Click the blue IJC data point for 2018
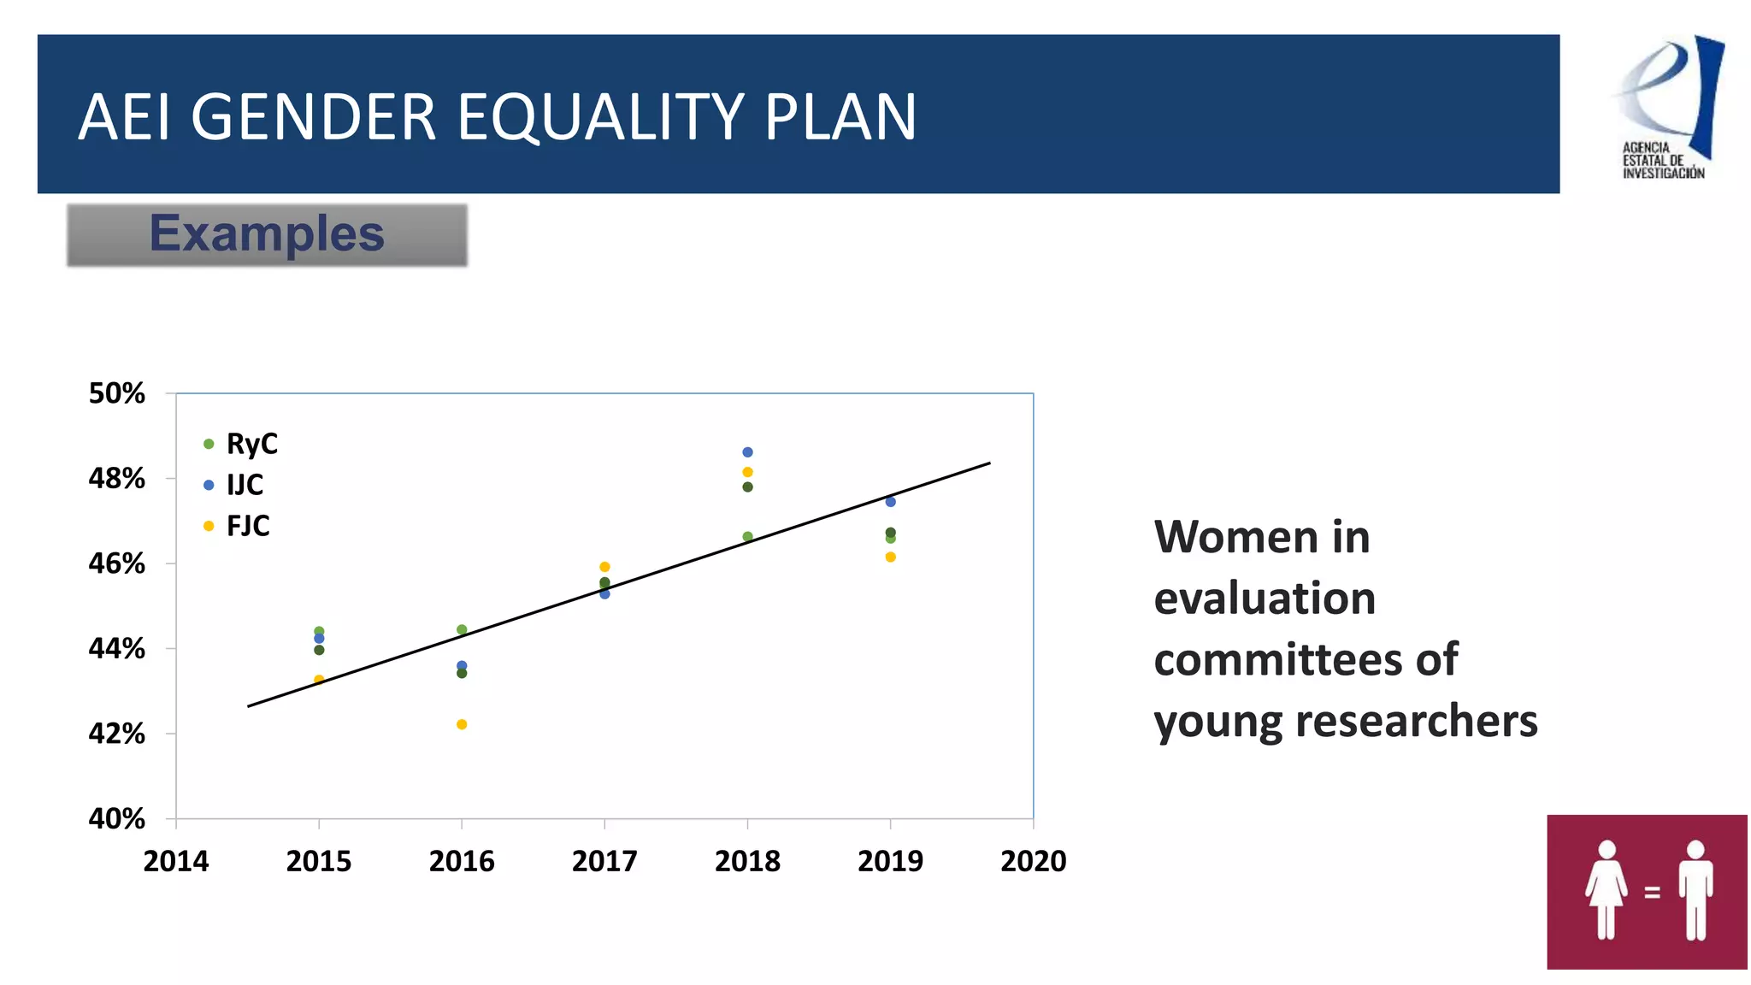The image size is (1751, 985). coord(747,452)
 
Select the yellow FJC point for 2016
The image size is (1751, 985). coord(462,724)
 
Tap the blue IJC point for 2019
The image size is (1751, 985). coord(890,502)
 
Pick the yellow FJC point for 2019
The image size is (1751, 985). coord(890,557)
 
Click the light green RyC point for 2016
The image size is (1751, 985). coord(462,630)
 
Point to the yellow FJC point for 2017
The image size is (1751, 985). coord(604,567)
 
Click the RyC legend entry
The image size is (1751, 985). coord(241,444)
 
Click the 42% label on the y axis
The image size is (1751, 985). coord(117,734)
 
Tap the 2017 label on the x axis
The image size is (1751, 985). coord(604,861)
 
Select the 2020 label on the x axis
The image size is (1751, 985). coord(1033,861)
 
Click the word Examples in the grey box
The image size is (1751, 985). coord(267,234)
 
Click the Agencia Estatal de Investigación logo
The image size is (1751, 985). coord(1666,107)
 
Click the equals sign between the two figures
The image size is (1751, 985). coord(1652,892)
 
